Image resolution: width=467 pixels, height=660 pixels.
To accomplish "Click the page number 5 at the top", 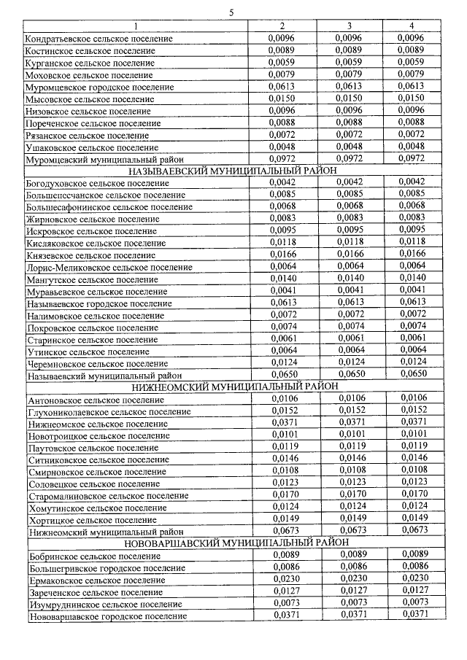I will (x=231, y=12).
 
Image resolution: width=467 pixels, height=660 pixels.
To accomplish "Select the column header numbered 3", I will (x=350, y=26).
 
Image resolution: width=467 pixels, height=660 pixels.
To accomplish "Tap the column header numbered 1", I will (x=135, y=26).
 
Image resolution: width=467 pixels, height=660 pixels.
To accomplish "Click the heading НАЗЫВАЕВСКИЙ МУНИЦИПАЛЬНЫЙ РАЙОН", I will (x=233, y=171).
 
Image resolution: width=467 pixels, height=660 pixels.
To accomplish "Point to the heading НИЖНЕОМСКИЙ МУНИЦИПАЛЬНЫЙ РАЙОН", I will (x=233, y=387).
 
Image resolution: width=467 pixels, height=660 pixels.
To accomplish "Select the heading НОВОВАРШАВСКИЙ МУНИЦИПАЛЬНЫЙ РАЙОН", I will (x=233, y=543).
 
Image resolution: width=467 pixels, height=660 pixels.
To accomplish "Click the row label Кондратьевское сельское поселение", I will (x=99, y=38).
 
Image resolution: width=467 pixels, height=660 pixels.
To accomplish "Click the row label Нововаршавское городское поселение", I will (x=108, y=616).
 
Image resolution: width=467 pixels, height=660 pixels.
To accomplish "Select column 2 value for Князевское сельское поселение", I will (x=282, y=254).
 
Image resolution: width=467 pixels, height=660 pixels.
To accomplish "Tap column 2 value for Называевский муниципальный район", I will (x=282, y=375).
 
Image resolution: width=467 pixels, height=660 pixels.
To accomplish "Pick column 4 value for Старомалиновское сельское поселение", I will (x=414, y=494).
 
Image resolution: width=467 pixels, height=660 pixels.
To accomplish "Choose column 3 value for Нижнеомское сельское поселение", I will (x=350, y=422).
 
